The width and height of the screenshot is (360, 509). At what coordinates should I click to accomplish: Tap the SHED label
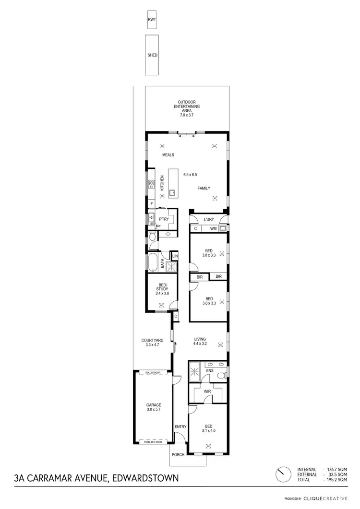pos(152,55)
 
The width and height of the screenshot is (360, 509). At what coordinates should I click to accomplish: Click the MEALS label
pos(168,155)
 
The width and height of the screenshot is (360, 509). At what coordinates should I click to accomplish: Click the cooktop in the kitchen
pos(150,183)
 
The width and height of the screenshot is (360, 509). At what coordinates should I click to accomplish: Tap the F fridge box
pos(151,203)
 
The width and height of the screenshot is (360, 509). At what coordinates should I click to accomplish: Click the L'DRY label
pos(208,219)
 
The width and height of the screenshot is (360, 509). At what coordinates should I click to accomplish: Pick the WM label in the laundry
pos(213,229)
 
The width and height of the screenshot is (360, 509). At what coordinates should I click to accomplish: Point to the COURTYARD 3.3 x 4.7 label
pos(152,343)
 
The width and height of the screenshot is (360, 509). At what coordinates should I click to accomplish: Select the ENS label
pos(209,371)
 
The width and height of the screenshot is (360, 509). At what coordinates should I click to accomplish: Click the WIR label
pos(207,392)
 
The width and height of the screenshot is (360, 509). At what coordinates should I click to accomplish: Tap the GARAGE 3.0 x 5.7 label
pos(154,407)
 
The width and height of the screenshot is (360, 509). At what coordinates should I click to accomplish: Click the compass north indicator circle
pos(282,474)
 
